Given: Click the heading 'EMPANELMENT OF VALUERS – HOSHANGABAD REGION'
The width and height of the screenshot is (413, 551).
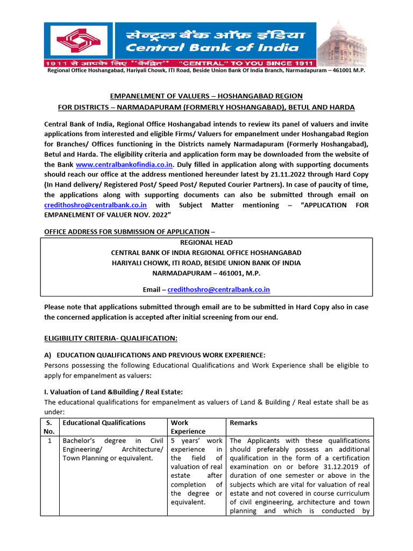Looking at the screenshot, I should pos(206,96).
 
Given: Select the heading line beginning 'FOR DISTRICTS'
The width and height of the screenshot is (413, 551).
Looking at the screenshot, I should pos(206,107).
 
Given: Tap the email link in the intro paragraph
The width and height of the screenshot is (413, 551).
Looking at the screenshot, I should pos(95,205).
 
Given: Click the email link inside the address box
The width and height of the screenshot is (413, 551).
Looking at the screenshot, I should pos(218,289).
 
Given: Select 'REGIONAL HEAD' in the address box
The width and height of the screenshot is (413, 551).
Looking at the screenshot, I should pos(206,243).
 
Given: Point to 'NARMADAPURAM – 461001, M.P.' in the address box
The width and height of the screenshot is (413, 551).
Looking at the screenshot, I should pos(206,273).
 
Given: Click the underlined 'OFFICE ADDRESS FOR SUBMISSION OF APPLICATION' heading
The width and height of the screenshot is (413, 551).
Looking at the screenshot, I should pos(126,231).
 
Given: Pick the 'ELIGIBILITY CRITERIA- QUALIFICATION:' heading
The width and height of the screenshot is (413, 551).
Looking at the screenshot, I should pos(110,337).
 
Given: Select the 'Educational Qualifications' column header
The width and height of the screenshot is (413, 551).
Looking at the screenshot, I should pos(104,423).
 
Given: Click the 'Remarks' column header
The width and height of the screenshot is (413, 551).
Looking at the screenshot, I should pos(244,423).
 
